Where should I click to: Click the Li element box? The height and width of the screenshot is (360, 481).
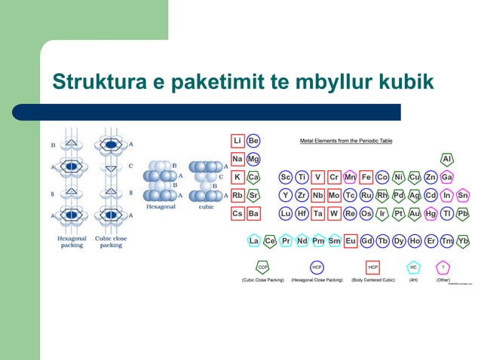(x=237, y=140)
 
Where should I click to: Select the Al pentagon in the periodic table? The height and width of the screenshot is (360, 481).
(x=447, y=159)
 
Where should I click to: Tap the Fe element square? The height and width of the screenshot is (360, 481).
(x=366, y=177)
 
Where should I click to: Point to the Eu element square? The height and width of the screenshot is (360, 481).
(x=351, y=241)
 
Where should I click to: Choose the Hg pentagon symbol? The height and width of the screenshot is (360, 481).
(x=430, y=213)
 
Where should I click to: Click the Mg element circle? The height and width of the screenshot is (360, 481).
(x=253, y=159)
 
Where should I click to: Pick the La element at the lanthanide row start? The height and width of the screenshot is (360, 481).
(x=254, y=241)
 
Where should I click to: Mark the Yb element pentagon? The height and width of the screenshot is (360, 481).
(x=463, y=241)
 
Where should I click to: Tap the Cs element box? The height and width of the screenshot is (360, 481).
(x=237, y=213)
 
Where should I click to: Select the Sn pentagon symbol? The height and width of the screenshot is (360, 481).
(x=463, y=195)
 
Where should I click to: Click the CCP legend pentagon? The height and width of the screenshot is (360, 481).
(x=262, y=267)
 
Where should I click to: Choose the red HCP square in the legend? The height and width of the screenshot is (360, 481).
(x=372, y=267)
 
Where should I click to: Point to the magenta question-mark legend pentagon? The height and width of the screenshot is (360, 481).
(x=443, y=267)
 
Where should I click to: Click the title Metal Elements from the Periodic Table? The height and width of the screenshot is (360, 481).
(x=346, y=141)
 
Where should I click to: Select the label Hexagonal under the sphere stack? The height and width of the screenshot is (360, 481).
(x=161, y=206)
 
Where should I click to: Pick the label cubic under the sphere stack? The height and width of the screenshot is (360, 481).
(x=206, y=206)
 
